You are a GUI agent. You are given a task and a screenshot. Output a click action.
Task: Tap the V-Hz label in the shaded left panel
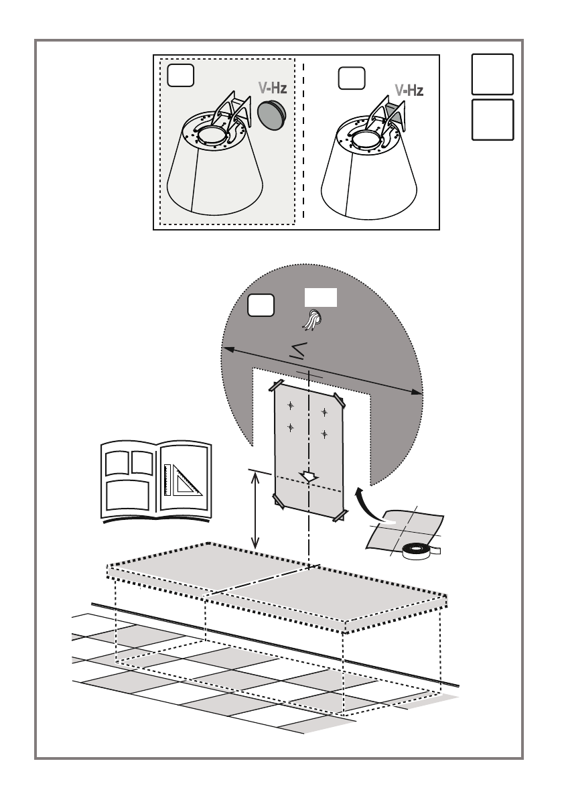tap(273, 87)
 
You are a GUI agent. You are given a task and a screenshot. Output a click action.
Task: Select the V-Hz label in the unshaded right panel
tap(409, 89)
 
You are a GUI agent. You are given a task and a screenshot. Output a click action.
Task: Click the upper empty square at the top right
tap(492, 74)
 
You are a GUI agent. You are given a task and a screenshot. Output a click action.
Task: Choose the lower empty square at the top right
tap(492, 120)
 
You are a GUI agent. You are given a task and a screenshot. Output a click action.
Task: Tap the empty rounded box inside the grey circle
tap(261, 305)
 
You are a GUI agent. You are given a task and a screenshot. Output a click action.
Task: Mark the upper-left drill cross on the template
tap(291, 404)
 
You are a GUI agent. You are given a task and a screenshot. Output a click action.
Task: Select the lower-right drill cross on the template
tap(324, 434)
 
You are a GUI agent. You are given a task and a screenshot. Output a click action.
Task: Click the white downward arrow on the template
tap(309, 476)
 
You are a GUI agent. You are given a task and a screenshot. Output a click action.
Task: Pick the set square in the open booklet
tap(183, 479)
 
